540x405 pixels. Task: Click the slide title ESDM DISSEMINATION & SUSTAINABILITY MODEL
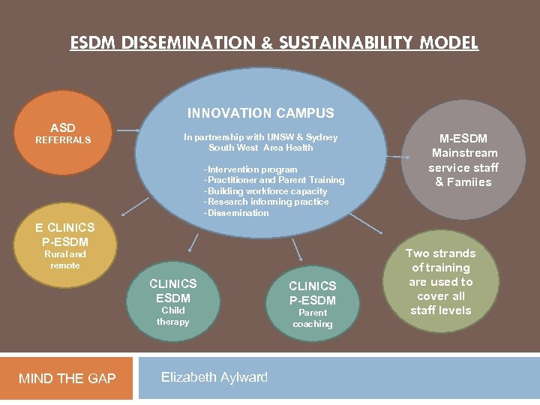274,43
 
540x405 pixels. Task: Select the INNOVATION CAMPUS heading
260,113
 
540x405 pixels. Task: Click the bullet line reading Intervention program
251,169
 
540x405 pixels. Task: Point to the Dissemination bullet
237,213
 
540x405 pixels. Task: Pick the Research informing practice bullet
267,202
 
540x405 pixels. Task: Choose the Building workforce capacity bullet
266,191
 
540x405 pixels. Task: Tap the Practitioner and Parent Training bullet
274,180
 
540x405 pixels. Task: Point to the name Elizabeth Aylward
214,377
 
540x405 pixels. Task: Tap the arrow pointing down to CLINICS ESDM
193,244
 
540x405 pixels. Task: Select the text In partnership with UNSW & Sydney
261,137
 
